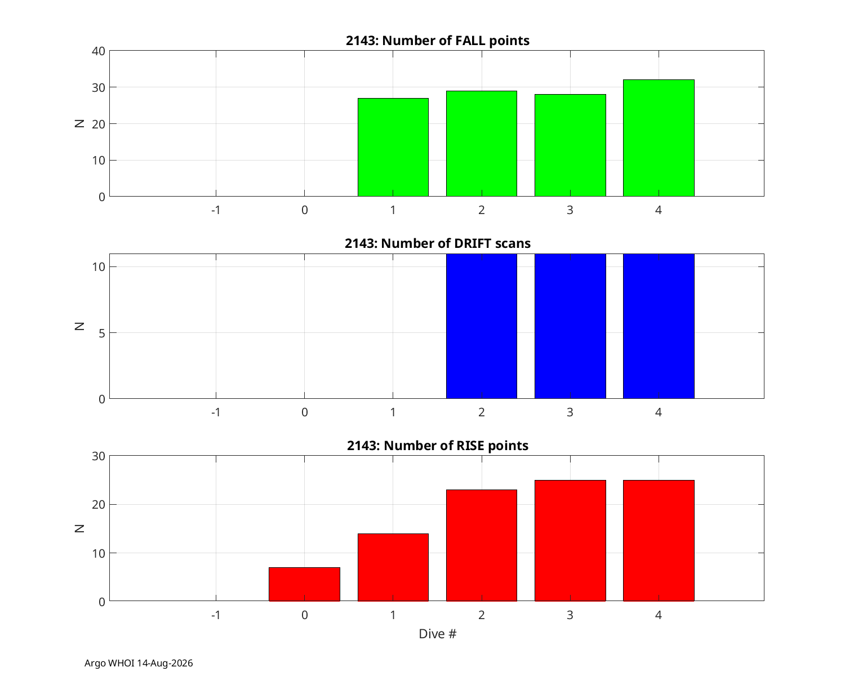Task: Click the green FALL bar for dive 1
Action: tap(393, 147)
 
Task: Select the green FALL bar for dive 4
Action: tap(659, 138)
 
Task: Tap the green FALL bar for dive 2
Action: tap(482, 144)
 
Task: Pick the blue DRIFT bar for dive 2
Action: tap(482, 326)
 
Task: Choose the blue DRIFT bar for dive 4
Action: tap(659, 326)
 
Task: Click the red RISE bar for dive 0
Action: tap(304, 584)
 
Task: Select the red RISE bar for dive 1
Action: tap(393, 567)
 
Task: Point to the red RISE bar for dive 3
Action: tap(570, 540)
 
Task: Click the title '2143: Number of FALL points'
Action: tap(437, 41)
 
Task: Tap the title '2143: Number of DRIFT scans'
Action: tap(437, 243)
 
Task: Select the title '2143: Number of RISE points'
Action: tap(437, 446)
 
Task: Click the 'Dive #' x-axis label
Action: tap(437, 634)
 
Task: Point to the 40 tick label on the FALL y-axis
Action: tap(99, 51)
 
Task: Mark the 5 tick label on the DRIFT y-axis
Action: tap(102, 333)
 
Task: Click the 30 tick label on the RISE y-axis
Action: tap(99, 456)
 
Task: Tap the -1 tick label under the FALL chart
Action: tap(216, 210)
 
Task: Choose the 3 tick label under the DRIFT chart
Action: tap(570, 412)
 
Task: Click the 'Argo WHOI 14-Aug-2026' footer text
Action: tap(139, 663)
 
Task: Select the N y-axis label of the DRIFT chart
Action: tap(79, 326)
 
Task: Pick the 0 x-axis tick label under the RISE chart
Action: tap(304, 615)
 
